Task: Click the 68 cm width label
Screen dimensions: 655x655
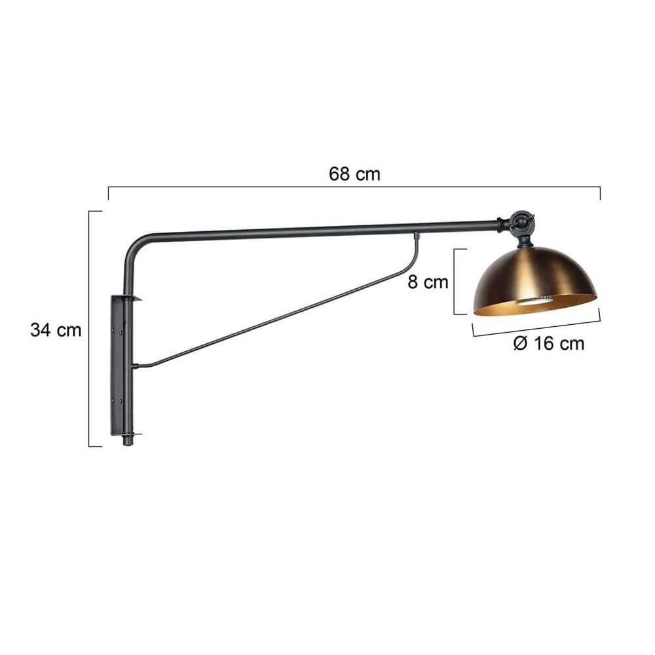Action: (354, 174)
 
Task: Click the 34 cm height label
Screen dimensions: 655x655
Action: (56, 330)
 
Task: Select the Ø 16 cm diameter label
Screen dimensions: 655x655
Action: (549, 343)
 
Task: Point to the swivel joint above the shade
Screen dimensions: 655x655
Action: (521, 223)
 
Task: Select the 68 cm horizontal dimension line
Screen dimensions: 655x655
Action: (354, 187)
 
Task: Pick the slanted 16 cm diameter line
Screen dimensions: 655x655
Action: (536, 328)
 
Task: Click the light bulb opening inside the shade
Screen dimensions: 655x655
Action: (534, 301)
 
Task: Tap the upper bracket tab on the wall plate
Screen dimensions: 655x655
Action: (134, 299)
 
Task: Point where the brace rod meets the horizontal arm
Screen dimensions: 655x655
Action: (415, 234)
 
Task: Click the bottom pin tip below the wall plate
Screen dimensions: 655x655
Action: (128, 444)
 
